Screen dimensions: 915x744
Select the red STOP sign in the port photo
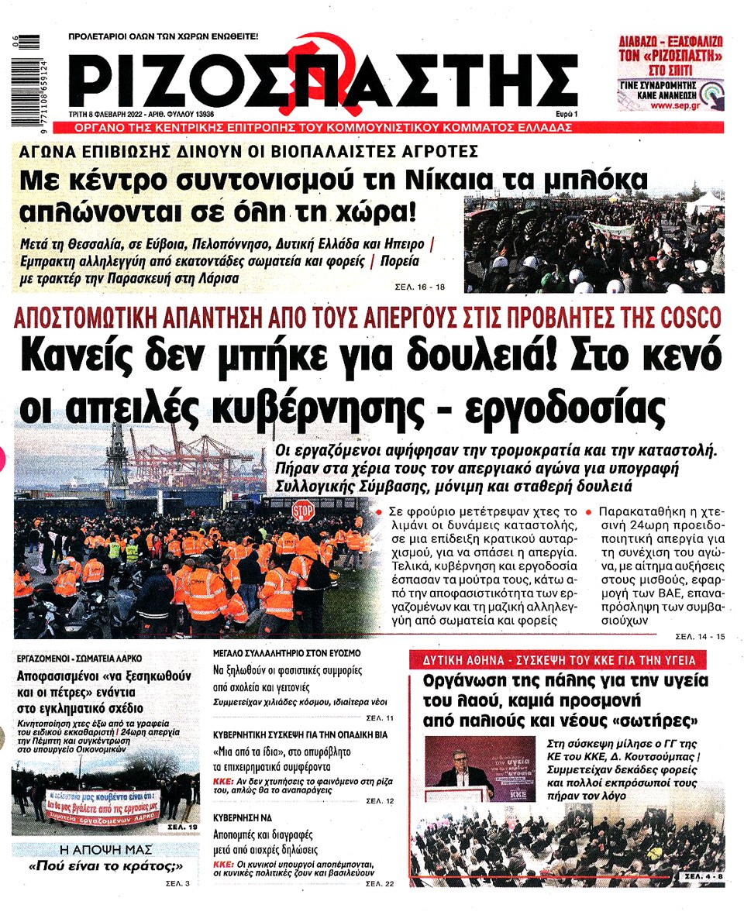[x=303, y=511]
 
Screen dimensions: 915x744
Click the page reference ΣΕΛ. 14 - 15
[x=700, y=636]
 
